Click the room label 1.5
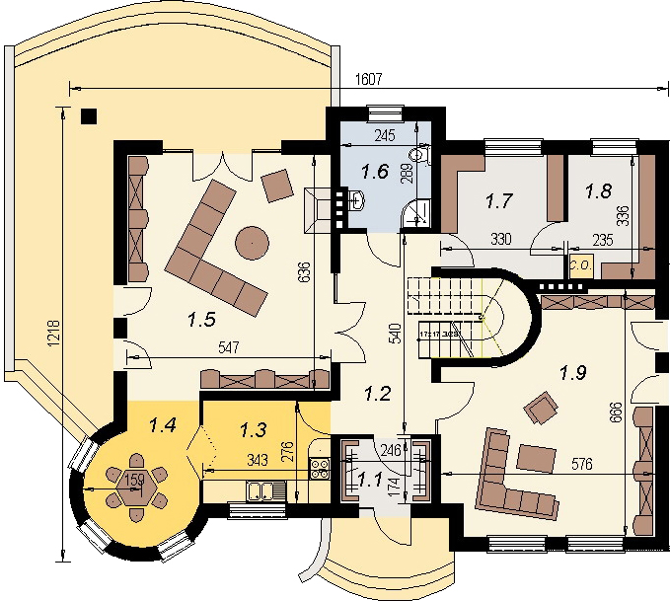click(x=203, y=318)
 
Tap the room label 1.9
click(x=573, y=372)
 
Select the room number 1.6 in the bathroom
click(x=374, y=170)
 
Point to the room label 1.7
click(x=500, y=201)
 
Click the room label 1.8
click(x=598, y=190)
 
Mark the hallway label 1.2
click(x=378, y=395)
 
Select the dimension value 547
click(x=223, y=347)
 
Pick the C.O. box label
click(x=577, y=264)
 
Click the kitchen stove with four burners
click(x=319, y=467)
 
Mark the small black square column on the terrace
click(x=89, y=115)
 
